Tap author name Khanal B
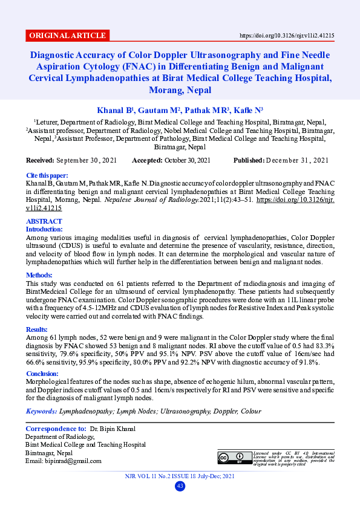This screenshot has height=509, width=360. pyautogui.click(x=114, y=111)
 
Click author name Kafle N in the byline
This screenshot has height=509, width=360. pyautogui.click(x=248, y=111)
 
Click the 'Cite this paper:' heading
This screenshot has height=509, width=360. pyautogui.click(x=47, y=175)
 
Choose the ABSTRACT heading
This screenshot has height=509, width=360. pyautogui.click(x=44, y=222)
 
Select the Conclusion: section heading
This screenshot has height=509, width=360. pyautogui.click(x=45, y=374)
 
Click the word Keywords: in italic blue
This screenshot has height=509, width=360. pyautogui.click(x=41, y=412)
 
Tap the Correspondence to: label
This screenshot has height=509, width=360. pyautogui.click(x=55, y=429)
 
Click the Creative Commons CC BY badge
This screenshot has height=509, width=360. pyautogui.click(x=232, y=458)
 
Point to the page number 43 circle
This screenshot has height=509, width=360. pyautogui.click(x=180, y=487)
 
